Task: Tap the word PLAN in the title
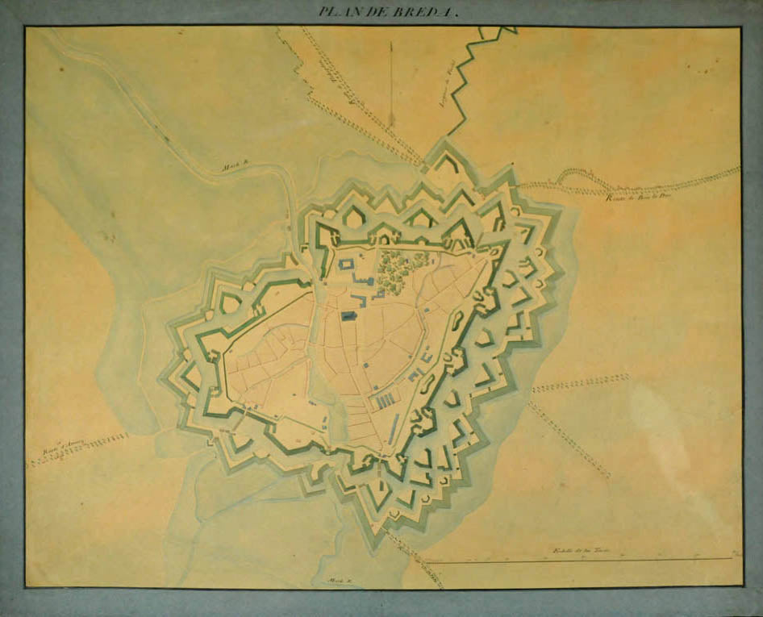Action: pyautogui.click(x=337, y=11)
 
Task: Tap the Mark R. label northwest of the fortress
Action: pyautogui.click(x=236, y=167)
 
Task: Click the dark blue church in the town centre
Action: pyautogui.click(x=349, y=317)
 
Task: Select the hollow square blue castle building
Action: pyautogui.click(x=347, y=264)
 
